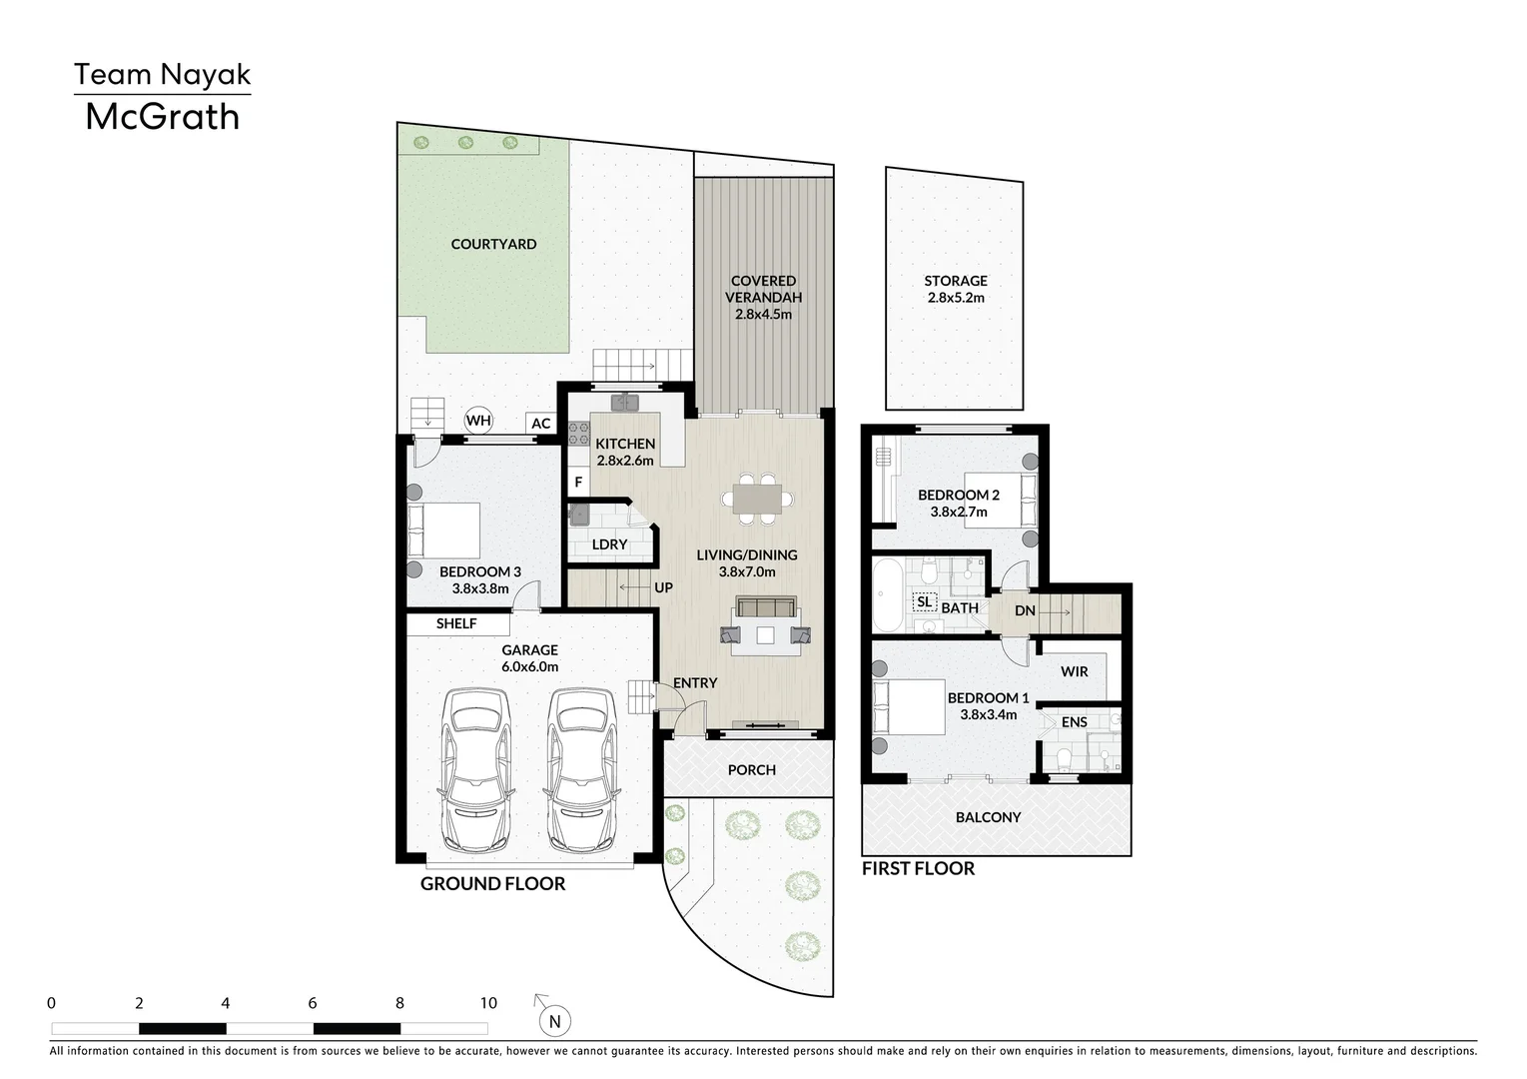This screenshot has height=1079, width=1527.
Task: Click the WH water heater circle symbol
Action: coord(478,421)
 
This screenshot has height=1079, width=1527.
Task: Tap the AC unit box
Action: coord(540,423)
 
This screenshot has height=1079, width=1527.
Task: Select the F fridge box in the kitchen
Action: coord(578,483)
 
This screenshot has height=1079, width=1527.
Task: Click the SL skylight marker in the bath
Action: coord(924,602)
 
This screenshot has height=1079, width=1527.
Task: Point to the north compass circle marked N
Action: coord(555,1022)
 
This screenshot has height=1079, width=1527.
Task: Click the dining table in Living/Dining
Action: coord(757,499)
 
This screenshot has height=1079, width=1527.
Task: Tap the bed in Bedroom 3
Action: coord(443,531)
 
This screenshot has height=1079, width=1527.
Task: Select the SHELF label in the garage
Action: coord(456,623)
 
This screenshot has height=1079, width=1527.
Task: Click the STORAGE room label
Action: coord(956,281)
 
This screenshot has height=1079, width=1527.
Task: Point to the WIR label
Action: coord(1075,671)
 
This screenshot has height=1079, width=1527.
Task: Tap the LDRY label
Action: coord(609,544)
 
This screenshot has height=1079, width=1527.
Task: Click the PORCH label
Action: coord(751,770)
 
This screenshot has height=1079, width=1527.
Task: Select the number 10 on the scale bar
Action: coord(488,1003)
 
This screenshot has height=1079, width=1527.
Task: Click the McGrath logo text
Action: coord(162,117)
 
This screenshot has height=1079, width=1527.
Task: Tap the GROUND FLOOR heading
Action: coord(492,884)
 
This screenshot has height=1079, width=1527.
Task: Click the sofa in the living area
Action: coord(766,606)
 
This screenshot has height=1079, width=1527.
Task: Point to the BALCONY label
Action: coord(988,817)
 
